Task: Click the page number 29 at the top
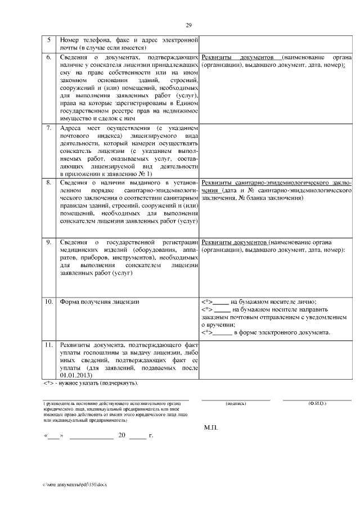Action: point(189,25)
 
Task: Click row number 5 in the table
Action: point(48,40)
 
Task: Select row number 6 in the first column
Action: point(48,58)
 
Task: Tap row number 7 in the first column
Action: point(48,128)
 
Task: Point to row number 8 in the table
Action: point(48,183)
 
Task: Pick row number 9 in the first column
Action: point(48,242)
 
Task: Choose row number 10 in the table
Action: point(48,302)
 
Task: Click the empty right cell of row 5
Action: point(276,44)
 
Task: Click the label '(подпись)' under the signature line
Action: point(236,404)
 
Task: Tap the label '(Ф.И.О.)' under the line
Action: point(317,404)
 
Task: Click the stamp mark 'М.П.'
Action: point(211,428)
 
